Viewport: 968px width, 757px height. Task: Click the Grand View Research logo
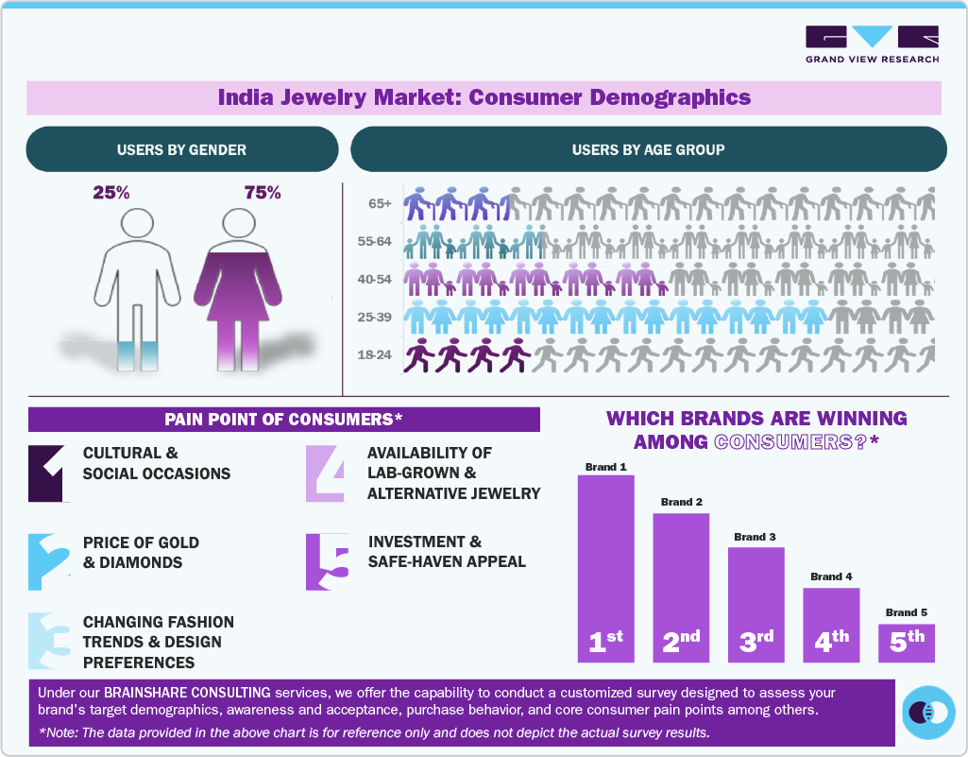pos(872,44)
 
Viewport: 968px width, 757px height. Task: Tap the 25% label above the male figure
pos(111,193)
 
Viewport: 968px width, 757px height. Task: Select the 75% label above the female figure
pos(263,193)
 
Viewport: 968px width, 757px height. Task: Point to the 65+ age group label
pos(381,203)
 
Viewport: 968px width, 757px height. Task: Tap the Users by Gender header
pos(181,149)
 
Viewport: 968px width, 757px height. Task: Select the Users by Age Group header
pos(648,149)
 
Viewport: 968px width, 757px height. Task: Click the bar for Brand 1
pos(605,567)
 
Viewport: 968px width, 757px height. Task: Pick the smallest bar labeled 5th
pos(907,642)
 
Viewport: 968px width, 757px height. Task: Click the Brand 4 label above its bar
pos(831,576)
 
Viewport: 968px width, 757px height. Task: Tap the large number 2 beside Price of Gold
pos(49,561)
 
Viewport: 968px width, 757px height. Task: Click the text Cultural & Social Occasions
pos(156,463)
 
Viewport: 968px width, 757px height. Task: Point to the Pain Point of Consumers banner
pos(283,419)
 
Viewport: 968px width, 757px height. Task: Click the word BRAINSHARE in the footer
pos(148,693)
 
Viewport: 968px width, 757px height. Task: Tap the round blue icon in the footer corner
pos(928,713)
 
